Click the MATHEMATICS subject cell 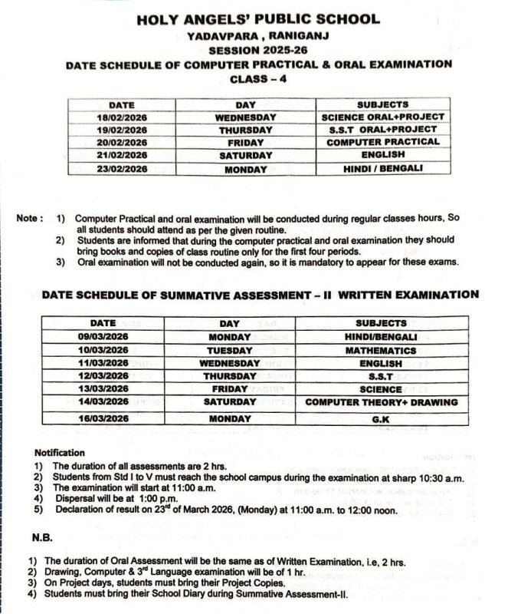point(382,350)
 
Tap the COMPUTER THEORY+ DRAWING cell point(382,402)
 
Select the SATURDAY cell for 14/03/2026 point(230,402)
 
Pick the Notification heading point(60,453)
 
